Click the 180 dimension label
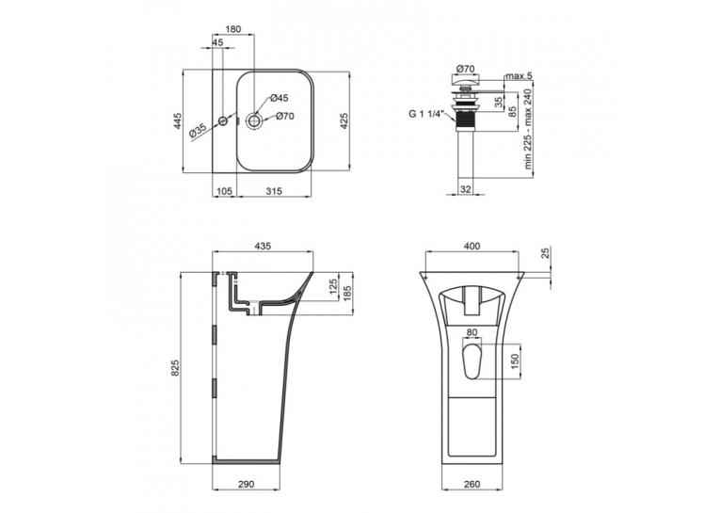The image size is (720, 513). click(x=232, y=29)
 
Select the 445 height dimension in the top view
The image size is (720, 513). click(x=178, y=120)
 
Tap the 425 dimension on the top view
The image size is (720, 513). click(x=344, y=120)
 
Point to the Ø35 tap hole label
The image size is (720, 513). click(x=198, y=132)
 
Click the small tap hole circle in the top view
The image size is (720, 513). click(x=223, y=121)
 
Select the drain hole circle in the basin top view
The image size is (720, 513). click(x=254, y=120)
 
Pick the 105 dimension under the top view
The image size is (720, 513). click(x=225, y=191)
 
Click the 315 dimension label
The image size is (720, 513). click(x=274, y=191)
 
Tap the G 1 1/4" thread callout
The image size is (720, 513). click(x=426, y=114)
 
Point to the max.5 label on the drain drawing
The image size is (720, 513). click(x=519, y=76)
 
